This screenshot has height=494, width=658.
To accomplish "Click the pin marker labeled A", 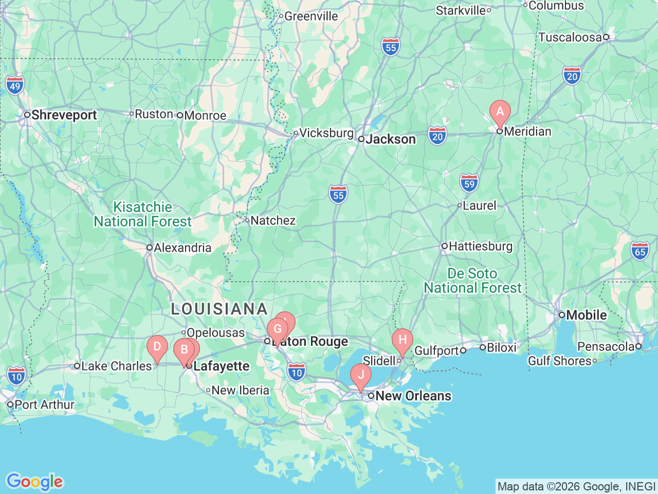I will (500, 112).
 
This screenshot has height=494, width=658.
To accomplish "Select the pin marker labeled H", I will (403, 340).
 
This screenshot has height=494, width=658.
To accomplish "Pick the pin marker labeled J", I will (361, 375).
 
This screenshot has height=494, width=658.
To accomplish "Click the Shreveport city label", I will (64, 115).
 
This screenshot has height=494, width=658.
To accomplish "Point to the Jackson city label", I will (391, 139).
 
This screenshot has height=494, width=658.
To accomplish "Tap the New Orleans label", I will (413, 396).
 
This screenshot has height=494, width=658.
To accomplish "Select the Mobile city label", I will (587, 315).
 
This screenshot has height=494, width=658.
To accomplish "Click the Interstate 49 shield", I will (15, 85).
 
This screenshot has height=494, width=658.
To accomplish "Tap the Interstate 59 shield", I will (469, 183).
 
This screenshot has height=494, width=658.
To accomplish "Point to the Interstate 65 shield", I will (640, 251).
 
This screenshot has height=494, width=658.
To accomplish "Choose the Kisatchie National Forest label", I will (142, 214).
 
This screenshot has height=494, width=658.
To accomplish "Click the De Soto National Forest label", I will (472, 280).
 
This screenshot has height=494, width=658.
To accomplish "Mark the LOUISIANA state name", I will (220, 309).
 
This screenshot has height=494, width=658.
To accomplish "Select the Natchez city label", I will (273, 220).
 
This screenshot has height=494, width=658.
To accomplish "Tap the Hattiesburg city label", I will (481, 246).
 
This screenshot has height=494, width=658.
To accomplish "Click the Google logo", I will (34, 482).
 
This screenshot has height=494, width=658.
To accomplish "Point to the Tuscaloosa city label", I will (570, 37).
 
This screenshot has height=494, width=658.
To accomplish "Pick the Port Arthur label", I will (44, 404).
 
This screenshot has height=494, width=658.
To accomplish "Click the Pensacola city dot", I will (638, 346).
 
